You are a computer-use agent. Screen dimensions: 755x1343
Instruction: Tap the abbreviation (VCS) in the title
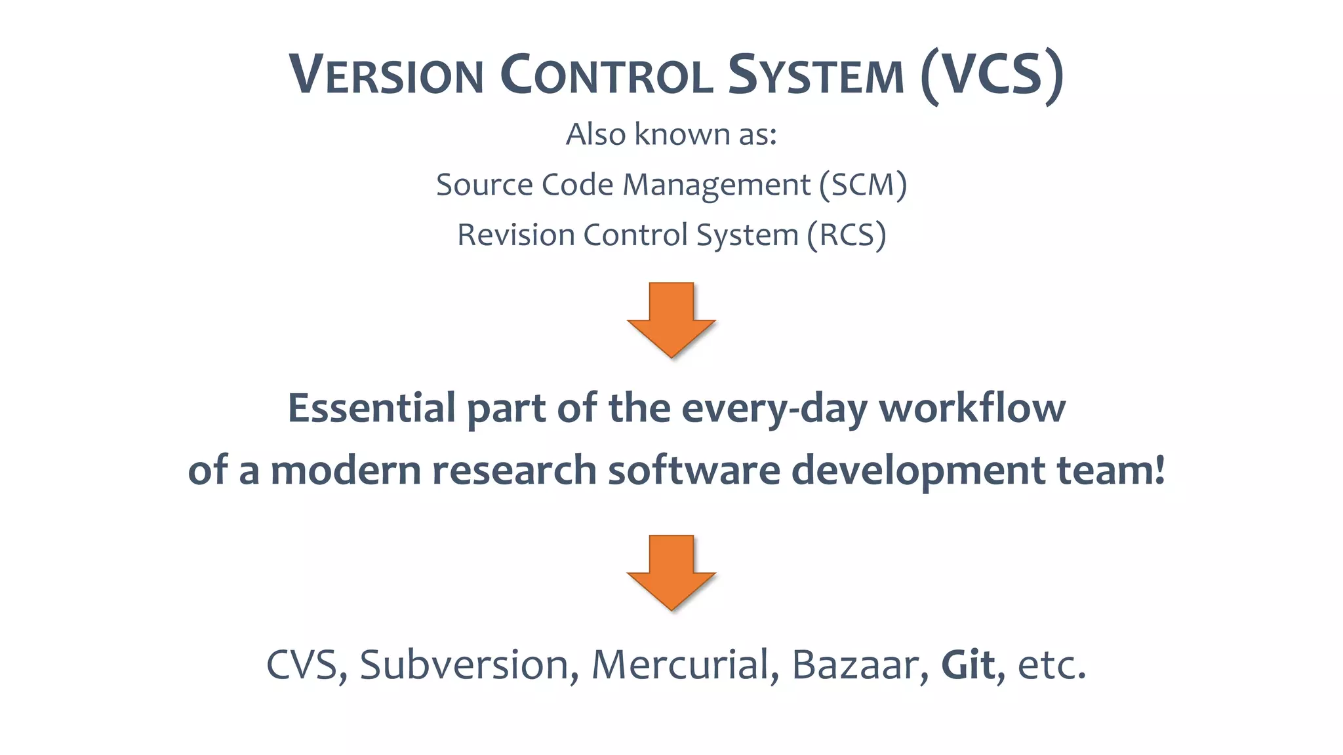click(x=992, y=75)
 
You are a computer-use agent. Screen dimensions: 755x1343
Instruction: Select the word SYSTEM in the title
click(x=816, y=75)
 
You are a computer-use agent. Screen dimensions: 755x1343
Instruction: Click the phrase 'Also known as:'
click(x=671, y=134)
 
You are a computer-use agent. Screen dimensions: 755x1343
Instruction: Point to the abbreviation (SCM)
click(x=863, y=185)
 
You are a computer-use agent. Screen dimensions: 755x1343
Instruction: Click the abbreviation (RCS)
click(x=846, y=235)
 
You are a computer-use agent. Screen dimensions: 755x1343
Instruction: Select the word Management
click(x=716, y=185)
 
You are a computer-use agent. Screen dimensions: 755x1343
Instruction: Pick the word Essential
click(x=372, y=408)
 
